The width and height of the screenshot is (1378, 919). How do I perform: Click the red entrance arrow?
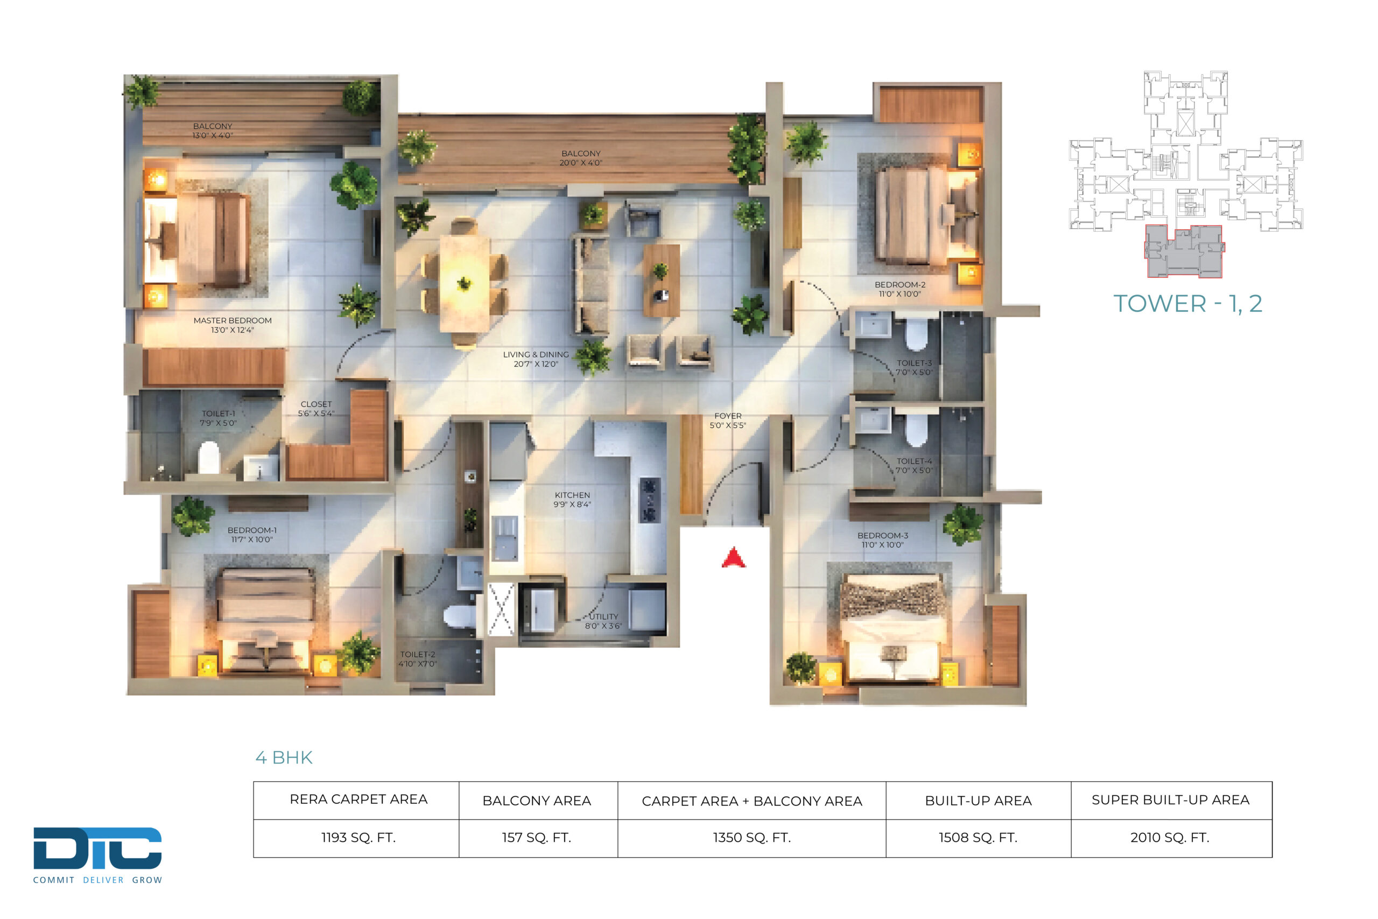pos(734,557)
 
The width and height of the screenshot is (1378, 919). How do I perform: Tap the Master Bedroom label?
pos(233,325)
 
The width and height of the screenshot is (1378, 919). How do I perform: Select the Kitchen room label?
pos(572,500)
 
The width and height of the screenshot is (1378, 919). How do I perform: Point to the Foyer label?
pos(728,421)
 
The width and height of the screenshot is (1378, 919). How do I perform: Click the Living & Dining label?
pos(536,359)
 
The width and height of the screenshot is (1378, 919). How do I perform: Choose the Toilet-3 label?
pos(914,368)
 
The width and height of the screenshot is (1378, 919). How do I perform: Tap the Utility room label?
pos(603,621)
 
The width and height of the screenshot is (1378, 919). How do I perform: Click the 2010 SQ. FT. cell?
pos(1170,838)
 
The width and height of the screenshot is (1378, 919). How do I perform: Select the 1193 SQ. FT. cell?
pos(358,838)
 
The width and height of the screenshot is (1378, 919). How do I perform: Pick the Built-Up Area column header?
pos(978,801)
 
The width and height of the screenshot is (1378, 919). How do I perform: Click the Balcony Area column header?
pos(537,801)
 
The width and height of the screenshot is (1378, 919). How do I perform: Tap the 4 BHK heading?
pos(284,758)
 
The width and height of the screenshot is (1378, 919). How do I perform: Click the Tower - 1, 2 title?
pos(1187,304)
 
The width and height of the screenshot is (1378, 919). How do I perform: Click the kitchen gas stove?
pos(649,500)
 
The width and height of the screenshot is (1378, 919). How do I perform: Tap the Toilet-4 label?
pos(914,466)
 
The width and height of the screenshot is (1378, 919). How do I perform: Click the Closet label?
pos(317,409)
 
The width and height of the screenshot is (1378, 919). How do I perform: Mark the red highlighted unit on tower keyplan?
pos(1184,251)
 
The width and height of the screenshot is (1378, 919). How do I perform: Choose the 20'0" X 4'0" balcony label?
pos(581,163)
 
